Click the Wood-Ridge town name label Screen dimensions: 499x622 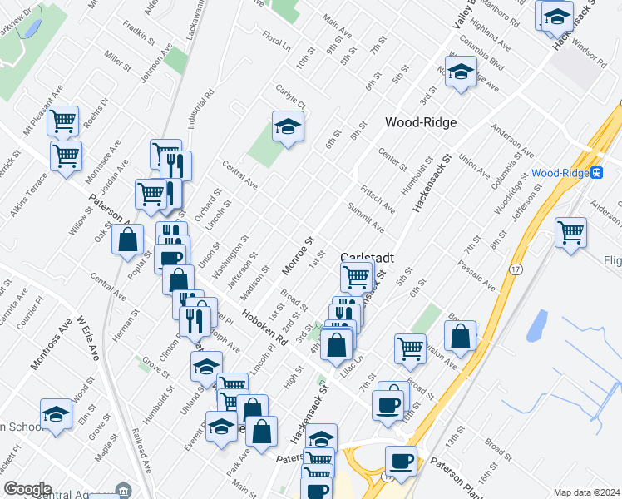point(422,122)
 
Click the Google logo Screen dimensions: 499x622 point(27,489)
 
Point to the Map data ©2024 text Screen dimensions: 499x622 point(586,492)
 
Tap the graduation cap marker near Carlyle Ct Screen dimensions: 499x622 point(288,127)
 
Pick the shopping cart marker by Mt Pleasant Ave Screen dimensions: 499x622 point(63,121)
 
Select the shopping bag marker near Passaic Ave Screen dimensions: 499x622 point(460,336)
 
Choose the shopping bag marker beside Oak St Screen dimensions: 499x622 point(130,241)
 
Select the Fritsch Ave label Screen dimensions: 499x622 point(377,200)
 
